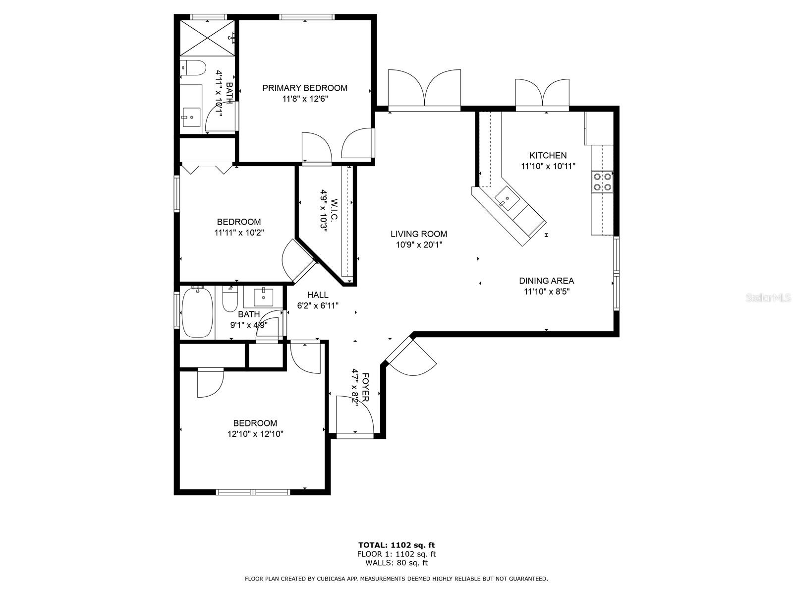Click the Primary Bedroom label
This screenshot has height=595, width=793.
tap(305, 88)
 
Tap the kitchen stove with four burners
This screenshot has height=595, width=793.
tap(602, 181)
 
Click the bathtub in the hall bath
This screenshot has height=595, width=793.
tap(197, 312)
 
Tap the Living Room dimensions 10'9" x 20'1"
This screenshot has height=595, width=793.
tap(419, 244)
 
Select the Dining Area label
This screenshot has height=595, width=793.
tap(547, 281)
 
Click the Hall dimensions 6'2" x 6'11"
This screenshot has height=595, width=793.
tap(318, 305)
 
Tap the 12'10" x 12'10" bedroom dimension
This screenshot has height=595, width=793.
tap(255, 434)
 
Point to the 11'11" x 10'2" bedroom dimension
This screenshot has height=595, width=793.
tap(239, 232)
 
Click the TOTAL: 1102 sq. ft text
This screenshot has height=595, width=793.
tap(396, 545)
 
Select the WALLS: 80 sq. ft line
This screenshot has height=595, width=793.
tap(396, 563)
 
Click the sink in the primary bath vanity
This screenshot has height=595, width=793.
tap(191, 118)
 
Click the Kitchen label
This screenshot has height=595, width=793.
tap(548, 155)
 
